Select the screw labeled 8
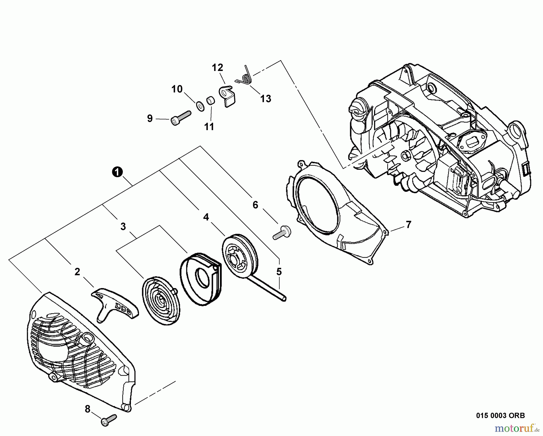coord(109,421)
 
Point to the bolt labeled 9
coord(181,118)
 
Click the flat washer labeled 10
coord(199,106)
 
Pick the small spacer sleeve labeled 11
coord(210,100)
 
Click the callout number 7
coord(408,225)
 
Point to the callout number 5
coord(279,272)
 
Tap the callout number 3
coord(123,226)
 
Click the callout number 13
coord(265,99)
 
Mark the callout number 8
coord(87,409)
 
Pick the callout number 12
coord(217,67)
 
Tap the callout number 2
coord(77,272)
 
